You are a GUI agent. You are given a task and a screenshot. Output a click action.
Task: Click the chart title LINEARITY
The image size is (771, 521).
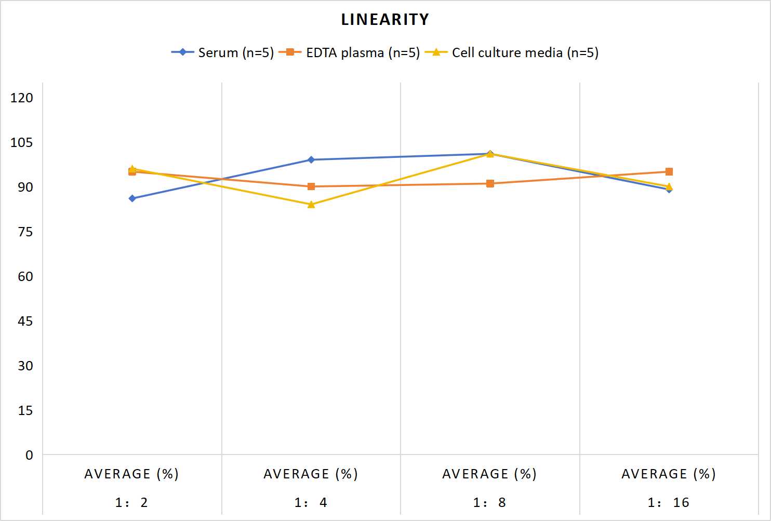point(385,19)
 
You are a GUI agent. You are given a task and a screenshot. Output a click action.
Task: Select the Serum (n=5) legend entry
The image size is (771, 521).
point(223,52)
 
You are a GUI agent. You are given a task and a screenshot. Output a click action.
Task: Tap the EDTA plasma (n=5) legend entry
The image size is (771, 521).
point(349,52)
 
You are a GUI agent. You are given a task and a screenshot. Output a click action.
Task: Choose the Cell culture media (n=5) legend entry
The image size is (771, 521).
point(512,52)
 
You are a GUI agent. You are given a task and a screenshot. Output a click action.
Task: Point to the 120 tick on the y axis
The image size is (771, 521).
point(21,98)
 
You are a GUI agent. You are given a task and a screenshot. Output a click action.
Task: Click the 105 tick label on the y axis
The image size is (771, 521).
point(21,142)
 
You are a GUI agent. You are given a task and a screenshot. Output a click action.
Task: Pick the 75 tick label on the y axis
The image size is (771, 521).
point(25,232)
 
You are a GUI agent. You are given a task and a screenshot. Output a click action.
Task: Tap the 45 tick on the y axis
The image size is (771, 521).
point(25,322)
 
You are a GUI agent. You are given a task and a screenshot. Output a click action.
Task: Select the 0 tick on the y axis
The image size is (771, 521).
point(29,455)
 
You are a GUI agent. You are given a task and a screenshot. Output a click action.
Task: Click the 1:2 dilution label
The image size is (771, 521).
point(132,503)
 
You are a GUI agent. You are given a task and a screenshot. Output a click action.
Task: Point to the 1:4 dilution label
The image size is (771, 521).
point(311,503)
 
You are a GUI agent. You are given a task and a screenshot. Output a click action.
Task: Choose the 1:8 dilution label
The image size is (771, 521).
point(490,503)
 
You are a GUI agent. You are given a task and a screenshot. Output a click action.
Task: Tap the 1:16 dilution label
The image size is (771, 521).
point(669,503)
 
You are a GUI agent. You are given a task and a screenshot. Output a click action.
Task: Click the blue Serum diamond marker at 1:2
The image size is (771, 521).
point(132,198)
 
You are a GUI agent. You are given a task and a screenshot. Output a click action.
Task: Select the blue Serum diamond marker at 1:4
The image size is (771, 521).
point(311,159)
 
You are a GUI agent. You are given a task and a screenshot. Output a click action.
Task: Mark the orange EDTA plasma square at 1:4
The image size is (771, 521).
point(311,186)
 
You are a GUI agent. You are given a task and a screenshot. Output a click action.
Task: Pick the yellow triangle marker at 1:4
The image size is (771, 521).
point(311,205)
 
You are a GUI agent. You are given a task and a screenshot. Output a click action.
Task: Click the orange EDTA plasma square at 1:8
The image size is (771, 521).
point(490,184)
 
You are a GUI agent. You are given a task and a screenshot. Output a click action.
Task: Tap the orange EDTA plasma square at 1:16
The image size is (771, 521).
point(669,172)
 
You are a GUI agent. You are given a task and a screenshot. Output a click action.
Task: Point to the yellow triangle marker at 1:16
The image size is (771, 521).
point(669,187)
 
